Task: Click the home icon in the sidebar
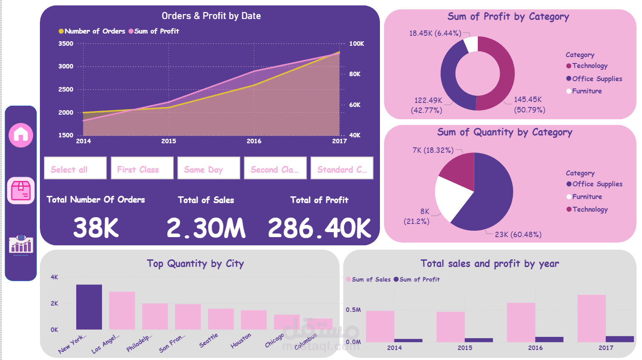tap(21, 135)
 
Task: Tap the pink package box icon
tap(21, 190)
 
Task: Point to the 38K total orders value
tap(96, 227)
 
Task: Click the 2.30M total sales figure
tap(206, 227)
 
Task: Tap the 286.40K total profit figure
tap(319, 227)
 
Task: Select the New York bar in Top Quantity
tap(89, 307)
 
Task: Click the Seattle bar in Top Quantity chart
tap(221, 319)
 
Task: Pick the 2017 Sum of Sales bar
tap(591, 318)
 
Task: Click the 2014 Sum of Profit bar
tap(408, 340)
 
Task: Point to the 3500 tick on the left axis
tap(66, 44)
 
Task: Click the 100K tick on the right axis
tap(356, 44)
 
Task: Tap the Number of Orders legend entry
tap(92, 31)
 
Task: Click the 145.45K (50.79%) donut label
tap(529, 104)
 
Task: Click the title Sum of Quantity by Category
tap(505, 132)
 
